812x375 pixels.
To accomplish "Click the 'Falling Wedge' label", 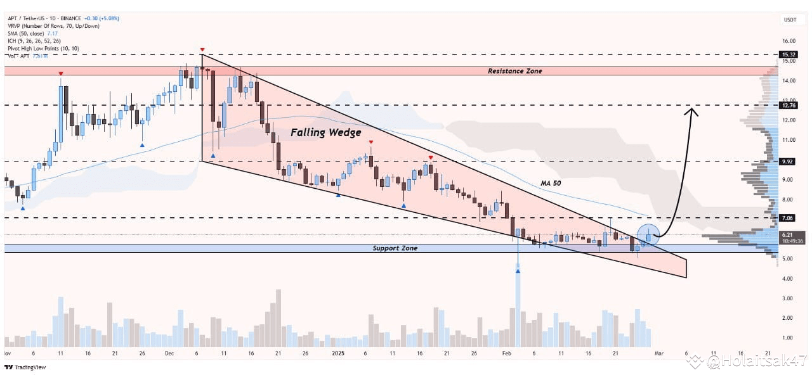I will (325, 133).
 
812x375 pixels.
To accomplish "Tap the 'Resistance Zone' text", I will (514, 72).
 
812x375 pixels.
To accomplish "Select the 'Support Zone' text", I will (395, 248).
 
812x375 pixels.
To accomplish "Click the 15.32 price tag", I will (788, 55).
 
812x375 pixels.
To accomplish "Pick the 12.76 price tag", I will (788, 105).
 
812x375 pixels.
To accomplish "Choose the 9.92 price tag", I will (788, 162).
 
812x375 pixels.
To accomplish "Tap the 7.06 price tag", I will (788, 218).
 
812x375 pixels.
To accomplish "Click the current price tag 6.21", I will (788, 234).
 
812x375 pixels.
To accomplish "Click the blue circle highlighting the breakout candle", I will (648, 236).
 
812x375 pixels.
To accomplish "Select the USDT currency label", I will (789, 20).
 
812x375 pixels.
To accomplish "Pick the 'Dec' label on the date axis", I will (170, 353).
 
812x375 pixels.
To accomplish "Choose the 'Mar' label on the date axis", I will (659, 353).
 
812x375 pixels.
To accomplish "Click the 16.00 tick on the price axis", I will (789, 41).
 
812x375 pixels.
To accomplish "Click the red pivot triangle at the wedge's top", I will (202, 49).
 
